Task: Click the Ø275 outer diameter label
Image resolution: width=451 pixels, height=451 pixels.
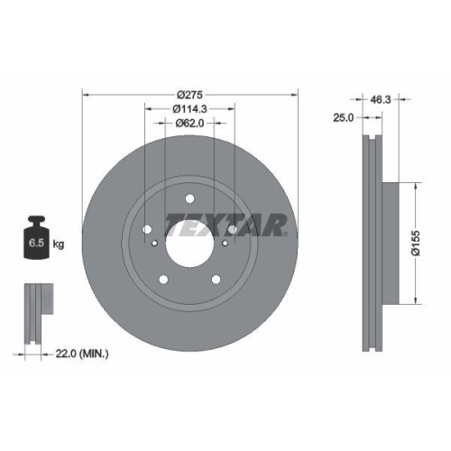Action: click(190, 94)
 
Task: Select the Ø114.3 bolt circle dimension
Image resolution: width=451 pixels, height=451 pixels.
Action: click(190, 108)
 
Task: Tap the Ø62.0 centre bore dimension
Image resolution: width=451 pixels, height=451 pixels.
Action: click(190, 123)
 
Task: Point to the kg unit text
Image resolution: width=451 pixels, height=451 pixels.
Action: click(59, 243)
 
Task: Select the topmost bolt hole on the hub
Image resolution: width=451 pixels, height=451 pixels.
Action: click(190, 199)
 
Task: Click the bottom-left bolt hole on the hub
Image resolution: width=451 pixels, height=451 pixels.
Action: click(161, 278)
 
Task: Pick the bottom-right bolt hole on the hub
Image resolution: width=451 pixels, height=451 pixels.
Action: click(219, 278)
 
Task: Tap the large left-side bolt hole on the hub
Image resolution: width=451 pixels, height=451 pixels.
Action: click(146, 231)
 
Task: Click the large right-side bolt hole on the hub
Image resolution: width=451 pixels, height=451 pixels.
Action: click(235, 231)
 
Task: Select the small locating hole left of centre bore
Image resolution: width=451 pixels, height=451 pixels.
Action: click(156, 242)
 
